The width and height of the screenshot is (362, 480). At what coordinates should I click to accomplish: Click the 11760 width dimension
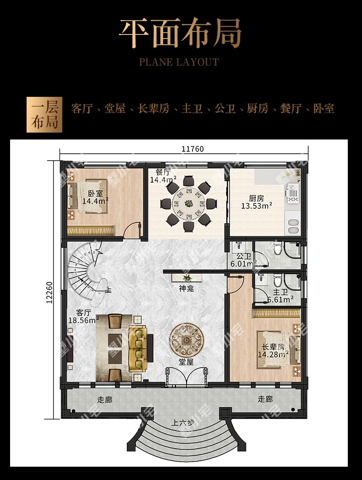pos(192,149)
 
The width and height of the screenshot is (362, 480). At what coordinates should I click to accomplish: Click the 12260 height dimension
pos(49,293)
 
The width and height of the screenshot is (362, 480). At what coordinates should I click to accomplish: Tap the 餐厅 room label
pos(162,172)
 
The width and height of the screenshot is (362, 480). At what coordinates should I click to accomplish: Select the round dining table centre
pos(189,203)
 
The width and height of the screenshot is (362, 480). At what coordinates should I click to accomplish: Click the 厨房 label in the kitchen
pos(256,198)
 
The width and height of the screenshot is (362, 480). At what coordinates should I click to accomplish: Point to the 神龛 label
pos(186,288)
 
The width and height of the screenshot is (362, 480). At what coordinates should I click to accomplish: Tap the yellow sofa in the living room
pos(137,349)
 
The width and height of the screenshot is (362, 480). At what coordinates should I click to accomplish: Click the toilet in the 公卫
pos(277,248)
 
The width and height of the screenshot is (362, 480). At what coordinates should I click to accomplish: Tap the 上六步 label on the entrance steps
pos(182,423)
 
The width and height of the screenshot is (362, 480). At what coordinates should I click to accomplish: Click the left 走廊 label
pos(104,400)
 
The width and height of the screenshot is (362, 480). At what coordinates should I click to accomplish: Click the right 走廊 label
pos(265,399)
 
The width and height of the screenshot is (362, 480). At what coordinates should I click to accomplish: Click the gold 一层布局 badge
pos(44,115)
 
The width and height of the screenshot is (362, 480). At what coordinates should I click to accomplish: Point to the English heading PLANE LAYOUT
pos(179,62)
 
